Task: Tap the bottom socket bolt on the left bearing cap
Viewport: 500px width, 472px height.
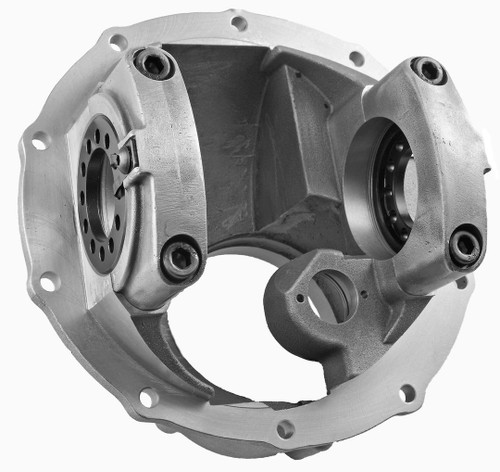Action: pyautogui.click(x=181, y=257)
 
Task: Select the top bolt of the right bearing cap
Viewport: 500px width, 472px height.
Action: pyautogui.click(x=429, y=70)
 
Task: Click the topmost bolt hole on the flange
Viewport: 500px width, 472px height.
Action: pyautogui.click(x=239, y=22)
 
